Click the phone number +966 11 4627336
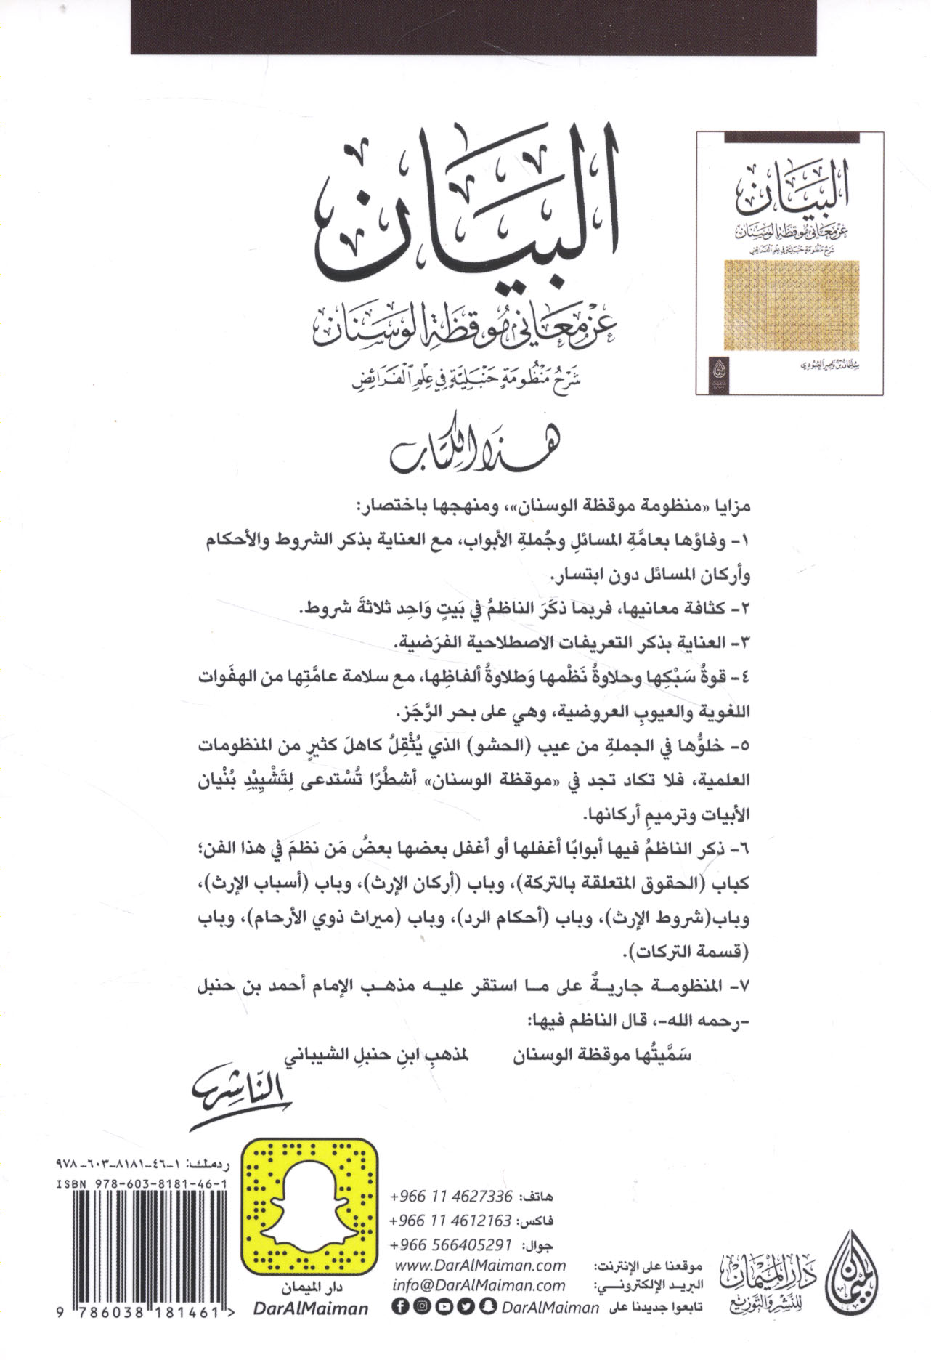pyautogui.click(x=451, y=1196)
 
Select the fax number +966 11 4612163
pyautogui.click(x=451, y=1220)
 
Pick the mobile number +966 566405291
pyautogui.click(x=451, y=1244)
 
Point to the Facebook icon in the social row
pyautogui.click(x=399, y=1306)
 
